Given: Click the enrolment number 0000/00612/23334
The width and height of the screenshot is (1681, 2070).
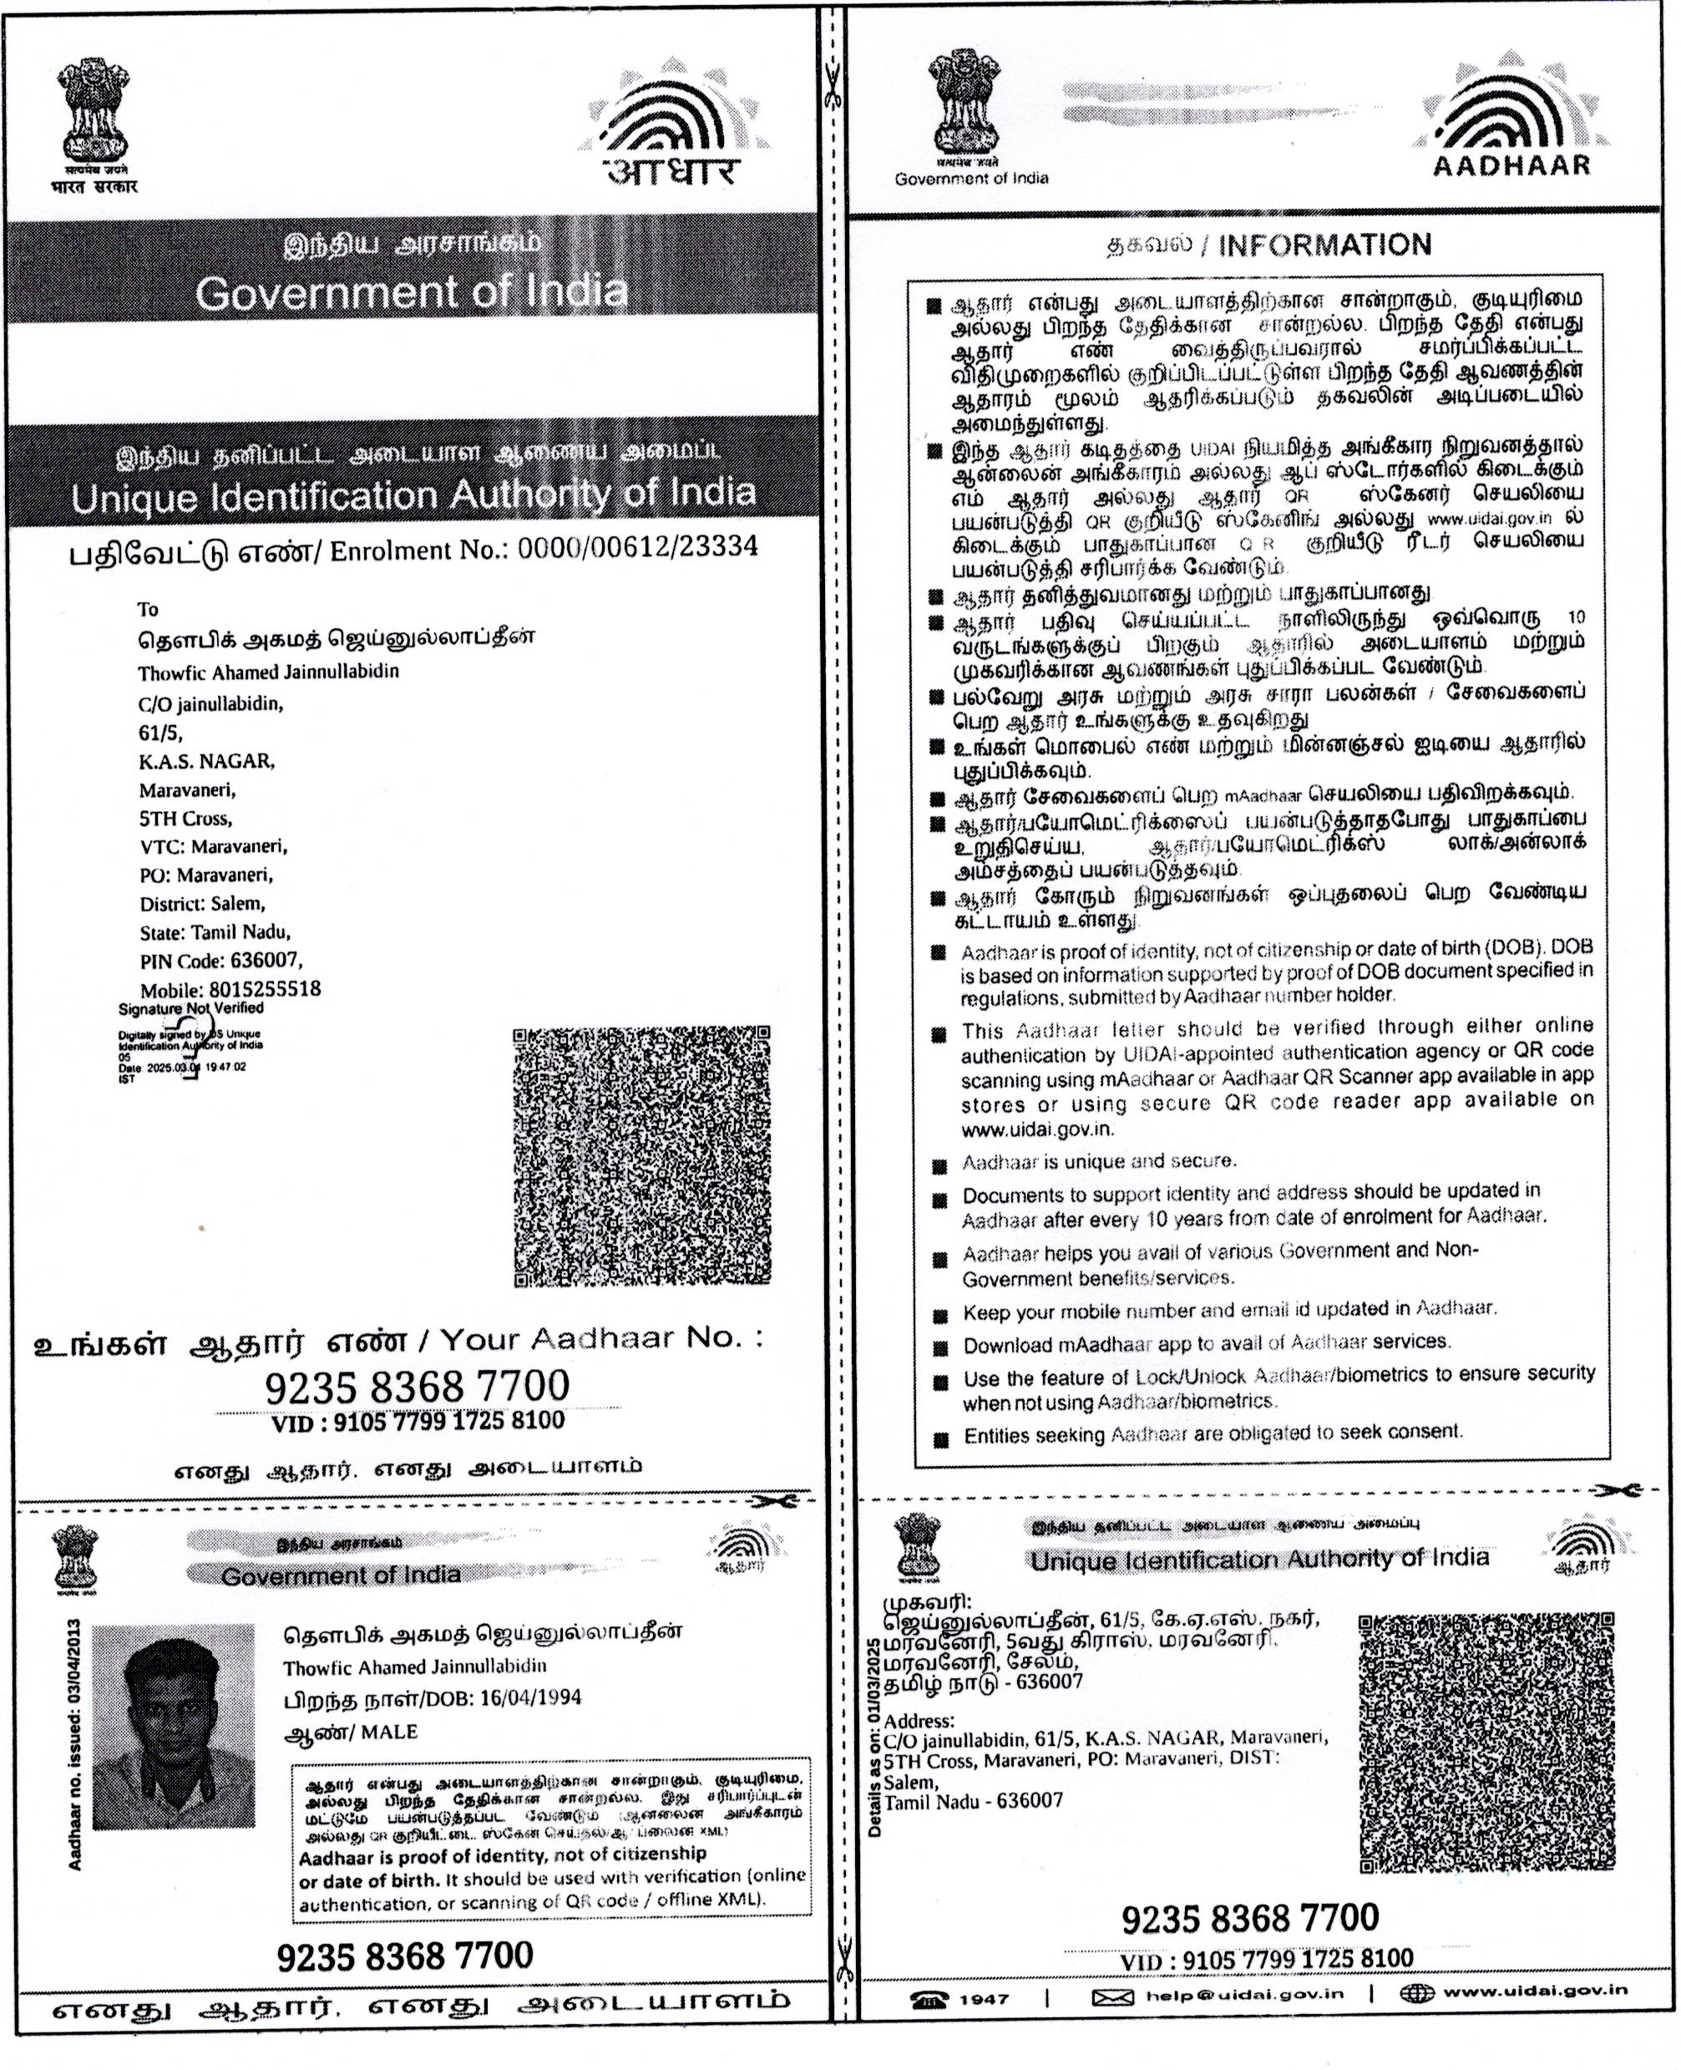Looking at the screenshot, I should point(637,548).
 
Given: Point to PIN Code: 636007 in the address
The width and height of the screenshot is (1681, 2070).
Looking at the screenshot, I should point(220,961).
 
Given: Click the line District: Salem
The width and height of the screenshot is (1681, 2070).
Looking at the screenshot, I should point(201,904).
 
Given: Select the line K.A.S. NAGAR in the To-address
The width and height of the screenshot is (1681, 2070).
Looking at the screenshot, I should point(206,761).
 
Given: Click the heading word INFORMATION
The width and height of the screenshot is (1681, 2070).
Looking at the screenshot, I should point(1324,245).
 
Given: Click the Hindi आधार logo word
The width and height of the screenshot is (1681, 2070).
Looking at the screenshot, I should point(672,171).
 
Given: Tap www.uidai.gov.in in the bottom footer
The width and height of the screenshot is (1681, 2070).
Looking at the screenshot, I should point(1535,1991).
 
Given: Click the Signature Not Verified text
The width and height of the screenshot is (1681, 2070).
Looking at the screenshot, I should point(190,1008).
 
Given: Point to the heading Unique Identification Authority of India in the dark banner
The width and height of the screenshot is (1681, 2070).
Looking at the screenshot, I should point(413,496).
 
